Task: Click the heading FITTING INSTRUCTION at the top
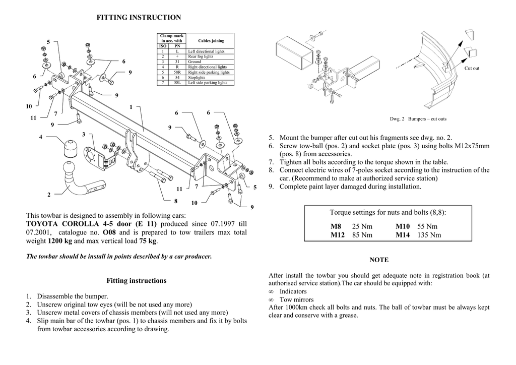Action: pyautogui.click(x=139, y=18)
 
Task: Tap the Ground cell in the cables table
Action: pyautogui.click(x=195, y=62)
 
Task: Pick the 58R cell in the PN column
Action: pyautogui.click(x=177, y=72)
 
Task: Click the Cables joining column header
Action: pyautogui.click(x=211, y=40)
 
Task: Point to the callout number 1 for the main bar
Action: pyautogui.click(x=131, y=107)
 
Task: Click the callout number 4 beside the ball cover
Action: pyautogui.click(x=40, y=137)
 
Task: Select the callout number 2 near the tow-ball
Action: pyautogui.click(x=49, y=195)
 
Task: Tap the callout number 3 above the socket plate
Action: pyautogui.click(x=84, y=134)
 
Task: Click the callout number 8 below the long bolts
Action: pyautogui.click(x=175, y=201)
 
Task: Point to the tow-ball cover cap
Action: pyautogui.click(x=68, y=148)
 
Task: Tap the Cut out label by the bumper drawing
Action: pyautogui.click(x=472, y=68)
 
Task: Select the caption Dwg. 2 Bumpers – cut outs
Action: pyautogui.click(x=418, y=119)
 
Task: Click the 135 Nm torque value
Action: pyautogui.click(x=429, y=235)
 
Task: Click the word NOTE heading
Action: pyautogui.click(x=379, y=260)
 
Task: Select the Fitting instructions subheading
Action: pyautogui.click(x=137, y=280)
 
